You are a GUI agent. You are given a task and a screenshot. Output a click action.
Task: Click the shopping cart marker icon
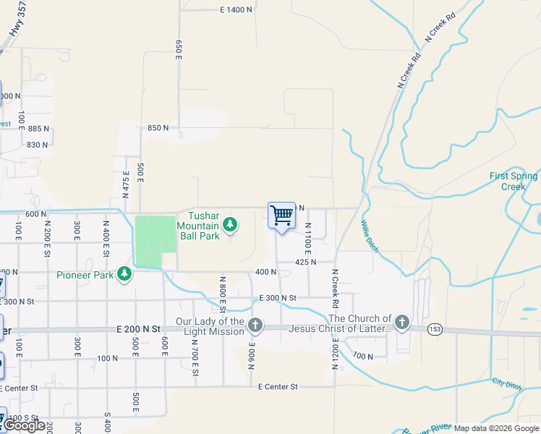coord(281,215)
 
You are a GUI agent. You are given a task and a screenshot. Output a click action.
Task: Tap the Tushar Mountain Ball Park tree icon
coord(230,226)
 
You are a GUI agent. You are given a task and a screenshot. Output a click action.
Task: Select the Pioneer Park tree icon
coord(125,273)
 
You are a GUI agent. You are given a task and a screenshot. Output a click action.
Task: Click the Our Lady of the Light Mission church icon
coord(255,326)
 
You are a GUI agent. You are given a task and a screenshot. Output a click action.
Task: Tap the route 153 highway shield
coord(433,329)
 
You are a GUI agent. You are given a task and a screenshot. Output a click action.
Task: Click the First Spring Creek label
coord(513,181)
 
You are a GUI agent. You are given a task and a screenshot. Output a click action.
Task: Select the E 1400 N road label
coord(237,9)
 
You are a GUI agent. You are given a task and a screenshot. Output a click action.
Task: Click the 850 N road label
coord(158,127)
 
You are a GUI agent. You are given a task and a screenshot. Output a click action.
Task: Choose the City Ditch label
coord(506,383)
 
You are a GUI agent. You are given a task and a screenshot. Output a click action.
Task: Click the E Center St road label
coord(278,387)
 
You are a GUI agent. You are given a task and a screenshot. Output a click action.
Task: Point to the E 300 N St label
coord(278,298)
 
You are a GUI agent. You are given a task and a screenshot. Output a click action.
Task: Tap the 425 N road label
coord(306,262)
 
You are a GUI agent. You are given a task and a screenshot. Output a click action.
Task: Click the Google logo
coord(25,426)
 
